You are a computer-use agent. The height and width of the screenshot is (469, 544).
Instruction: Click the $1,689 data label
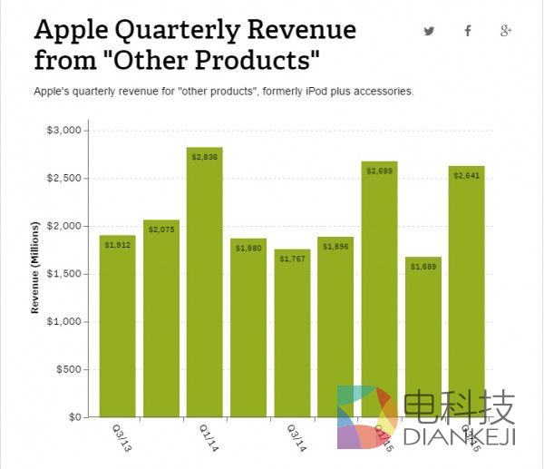[x=423, y=267]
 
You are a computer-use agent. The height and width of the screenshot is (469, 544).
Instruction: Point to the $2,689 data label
[x=379, y=171]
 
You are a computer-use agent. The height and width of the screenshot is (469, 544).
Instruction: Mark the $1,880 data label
[x=248, y=249]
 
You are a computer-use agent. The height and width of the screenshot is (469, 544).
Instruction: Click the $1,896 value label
[x=335, y=247]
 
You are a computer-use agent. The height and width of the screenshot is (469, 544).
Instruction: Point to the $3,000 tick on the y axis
[x=64, y=131]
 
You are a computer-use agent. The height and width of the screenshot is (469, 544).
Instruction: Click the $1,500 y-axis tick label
[x=64, y=274]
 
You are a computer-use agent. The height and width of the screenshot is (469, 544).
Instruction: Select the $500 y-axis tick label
[x=70, y=369]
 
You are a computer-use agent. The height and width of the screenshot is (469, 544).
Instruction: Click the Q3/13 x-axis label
[x=121, y=437]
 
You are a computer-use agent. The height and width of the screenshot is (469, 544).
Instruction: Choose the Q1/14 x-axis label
[x=208, y=437]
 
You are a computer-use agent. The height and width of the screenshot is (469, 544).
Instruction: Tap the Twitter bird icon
[x=430, y=31]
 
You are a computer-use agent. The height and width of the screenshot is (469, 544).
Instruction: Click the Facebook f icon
[x=468, y=31]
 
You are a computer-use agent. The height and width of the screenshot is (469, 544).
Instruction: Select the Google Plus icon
[x=506, y=31]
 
